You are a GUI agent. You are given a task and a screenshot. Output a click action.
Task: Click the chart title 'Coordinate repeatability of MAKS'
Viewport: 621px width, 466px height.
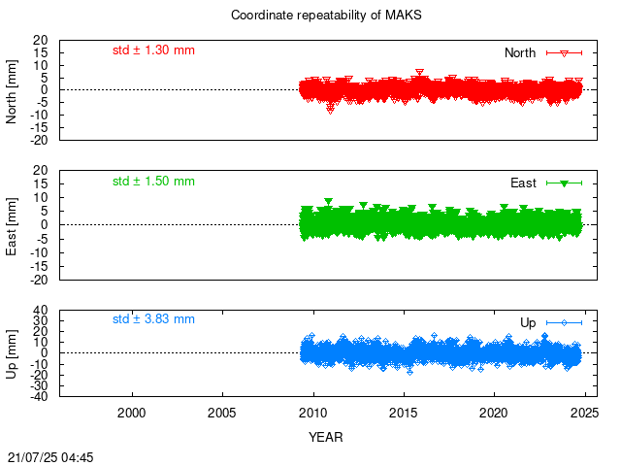(x=326, y=16)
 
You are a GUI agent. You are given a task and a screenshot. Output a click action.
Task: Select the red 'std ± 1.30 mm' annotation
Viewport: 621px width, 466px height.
(x=153, y=50)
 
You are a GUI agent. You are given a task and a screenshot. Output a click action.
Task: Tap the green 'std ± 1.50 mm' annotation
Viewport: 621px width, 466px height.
(x=153, y=182)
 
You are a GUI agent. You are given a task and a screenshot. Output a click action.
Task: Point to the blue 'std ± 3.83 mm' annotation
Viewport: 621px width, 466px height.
(x=153, y=319)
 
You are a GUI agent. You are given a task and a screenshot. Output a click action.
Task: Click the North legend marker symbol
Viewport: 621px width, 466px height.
(x=565, y=53)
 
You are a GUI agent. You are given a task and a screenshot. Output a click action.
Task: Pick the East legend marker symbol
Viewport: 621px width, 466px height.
(x=565, y=183)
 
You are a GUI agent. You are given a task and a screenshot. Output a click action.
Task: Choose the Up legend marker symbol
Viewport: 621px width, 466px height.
(x=565, y=323)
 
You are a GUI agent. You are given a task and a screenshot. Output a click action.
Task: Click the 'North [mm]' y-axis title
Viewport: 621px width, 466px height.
(x=12, y=91)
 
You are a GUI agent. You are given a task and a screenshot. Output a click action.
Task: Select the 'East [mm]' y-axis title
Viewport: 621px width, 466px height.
(x=12, y=226)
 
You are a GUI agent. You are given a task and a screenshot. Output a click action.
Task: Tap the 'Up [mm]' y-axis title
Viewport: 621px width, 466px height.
(x=12, y=353)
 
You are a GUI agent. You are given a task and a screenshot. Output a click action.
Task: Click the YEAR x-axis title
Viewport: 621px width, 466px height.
(x=326, y=437)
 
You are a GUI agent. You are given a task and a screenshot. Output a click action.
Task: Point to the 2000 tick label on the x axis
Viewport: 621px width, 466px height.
(x=132, y=413)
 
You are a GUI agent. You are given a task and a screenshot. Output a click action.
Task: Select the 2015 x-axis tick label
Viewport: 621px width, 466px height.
(x=404, y=413)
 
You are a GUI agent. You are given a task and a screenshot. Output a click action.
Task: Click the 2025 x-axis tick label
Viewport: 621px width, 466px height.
(x=584, y=413)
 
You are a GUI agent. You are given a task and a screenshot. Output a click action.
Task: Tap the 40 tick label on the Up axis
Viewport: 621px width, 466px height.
(x=41, y=310)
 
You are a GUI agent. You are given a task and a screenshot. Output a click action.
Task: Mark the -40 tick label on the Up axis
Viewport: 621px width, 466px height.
(x=38, y=396)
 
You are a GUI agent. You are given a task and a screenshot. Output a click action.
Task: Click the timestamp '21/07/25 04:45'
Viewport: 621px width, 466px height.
(x=50, y=457)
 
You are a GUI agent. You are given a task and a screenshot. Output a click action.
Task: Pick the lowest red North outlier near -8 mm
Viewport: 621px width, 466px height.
(x=330, y=111)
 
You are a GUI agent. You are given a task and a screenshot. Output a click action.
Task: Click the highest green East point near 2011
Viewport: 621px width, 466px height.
(x=328, y=201)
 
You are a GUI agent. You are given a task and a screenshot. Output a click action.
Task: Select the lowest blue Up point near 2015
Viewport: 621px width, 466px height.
(x=409, y=372)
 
